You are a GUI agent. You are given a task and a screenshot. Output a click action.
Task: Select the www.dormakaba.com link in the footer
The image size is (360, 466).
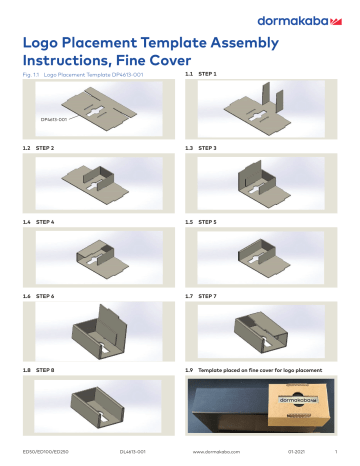point(213,452)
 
